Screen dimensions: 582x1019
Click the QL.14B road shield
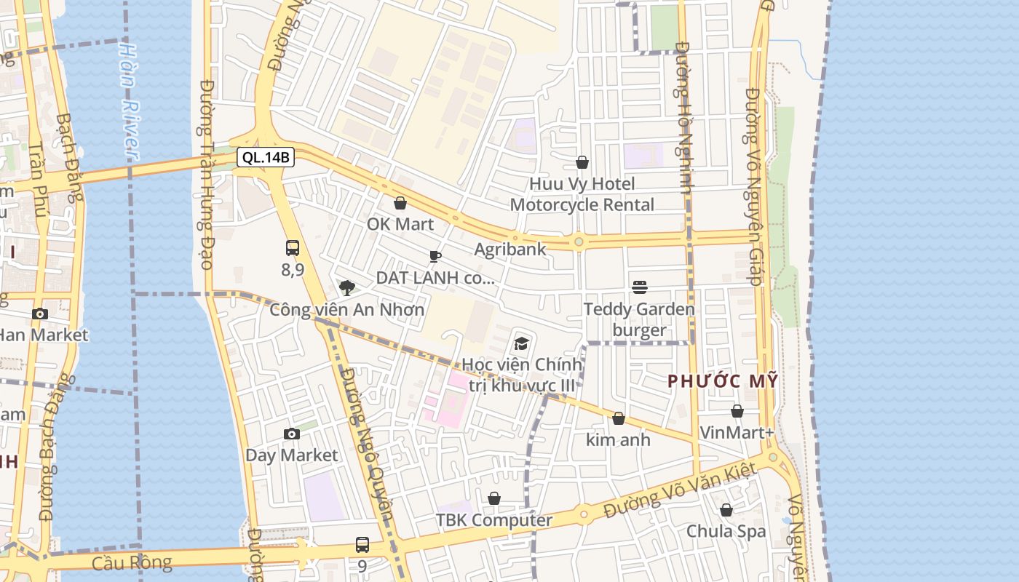[x=265, y=157]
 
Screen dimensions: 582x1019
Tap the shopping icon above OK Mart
[x=400, y=203]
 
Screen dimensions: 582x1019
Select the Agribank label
[x=510, y=250]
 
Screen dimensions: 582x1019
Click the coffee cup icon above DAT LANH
[x=435, y=256]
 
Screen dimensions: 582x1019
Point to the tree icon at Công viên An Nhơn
[x=347, y=288]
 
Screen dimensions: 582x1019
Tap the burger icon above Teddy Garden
[x=640, y=287]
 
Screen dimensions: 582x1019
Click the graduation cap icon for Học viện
[x=522, y=343]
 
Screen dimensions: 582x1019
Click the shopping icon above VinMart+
[x=737, y=411]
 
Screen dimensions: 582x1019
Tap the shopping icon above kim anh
[x=618, y=418]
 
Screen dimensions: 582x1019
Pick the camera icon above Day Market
[x=292, y=434]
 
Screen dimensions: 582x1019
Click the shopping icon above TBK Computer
[x=494, y=498]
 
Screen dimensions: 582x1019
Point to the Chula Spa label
[x=726, y=531]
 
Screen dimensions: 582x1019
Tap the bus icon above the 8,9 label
[x=293, y=248]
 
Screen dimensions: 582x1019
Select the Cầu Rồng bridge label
[x=132, y=562]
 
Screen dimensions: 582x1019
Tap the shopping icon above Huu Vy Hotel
[x=582, y=162]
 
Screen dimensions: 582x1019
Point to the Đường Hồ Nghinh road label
[x=683, y=116]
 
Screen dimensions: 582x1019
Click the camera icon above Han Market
[x=40, y=314]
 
